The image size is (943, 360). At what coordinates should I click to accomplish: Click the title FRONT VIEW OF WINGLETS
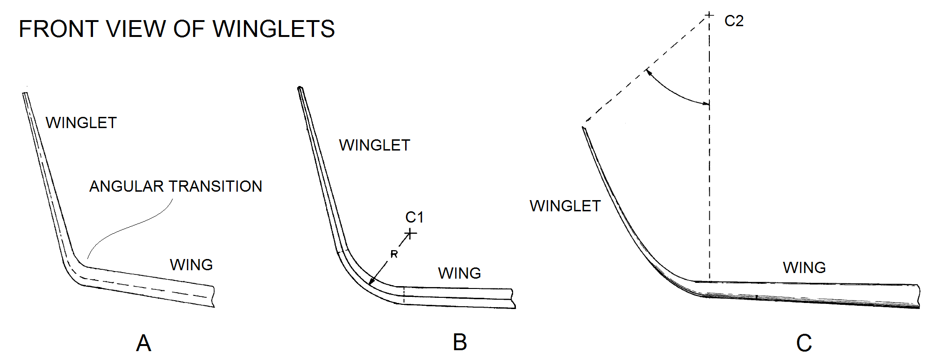click(177, 29)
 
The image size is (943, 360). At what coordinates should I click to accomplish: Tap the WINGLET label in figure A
click(81, 122)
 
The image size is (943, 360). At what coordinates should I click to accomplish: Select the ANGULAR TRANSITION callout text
click(175, 186)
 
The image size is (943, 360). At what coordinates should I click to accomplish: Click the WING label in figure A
click(191, 265)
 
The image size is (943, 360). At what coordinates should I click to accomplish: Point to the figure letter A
click(143, 343)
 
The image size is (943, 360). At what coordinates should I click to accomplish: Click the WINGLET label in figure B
click(374, 145)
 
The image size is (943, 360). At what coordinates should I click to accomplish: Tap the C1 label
click(414, 217)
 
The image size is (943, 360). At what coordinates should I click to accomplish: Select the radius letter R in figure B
click(394, 254)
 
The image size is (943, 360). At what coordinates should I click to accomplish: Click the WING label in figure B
click(459, 273)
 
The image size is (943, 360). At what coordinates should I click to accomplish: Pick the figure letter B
click(460, 342)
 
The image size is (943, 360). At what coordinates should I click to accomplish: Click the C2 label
click(734, 21)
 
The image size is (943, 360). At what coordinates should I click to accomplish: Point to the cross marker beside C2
click(709, 15)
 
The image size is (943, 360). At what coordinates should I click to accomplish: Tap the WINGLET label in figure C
click(565, 206)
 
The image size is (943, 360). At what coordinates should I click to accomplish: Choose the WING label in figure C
click(804, 267)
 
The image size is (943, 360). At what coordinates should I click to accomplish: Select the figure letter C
click(804, 343)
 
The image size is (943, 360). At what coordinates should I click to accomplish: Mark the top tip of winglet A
click(25, 94)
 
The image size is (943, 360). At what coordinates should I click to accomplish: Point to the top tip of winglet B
click(300, 88)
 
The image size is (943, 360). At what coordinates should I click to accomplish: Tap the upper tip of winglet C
click(584, 128)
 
